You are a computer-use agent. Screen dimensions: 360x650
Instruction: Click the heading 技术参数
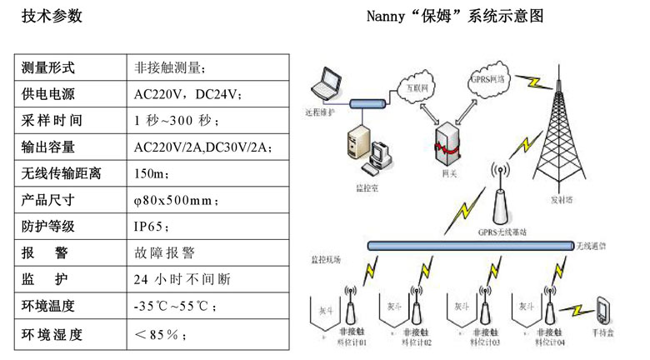coord(52,17)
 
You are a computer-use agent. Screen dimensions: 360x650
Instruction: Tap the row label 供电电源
coord(48,93)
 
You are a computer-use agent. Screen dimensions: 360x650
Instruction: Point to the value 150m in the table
coord(151,173)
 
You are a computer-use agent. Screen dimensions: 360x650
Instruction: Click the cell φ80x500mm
coord(176,200)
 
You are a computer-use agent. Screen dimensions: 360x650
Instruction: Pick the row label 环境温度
coord(48,306)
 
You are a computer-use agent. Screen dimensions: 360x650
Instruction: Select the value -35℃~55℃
coord(176,306)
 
